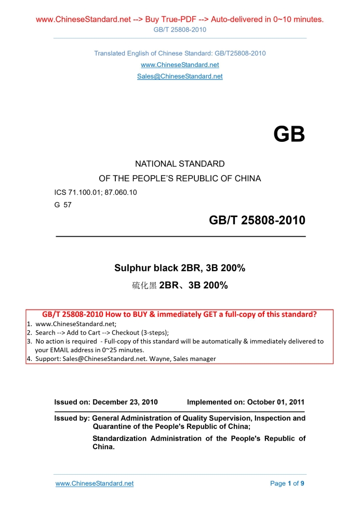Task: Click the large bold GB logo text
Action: pyautogui.click(x=289, y=135)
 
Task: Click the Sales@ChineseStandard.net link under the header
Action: pyautogui.click(x=180, y=76)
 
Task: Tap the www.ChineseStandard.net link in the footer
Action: pyautogui.click(x=95, y=484)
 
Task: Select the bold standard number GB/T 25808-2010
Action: pyautogui.click(x=257, y=221)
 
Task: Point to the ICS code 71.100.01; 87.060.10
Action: pyautogui.click(x=96, y=193)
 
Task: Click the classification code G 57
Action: pyautogui.click(x=63, y=205)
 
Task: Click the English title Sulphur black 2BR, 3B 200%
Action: pyautogui.click(x=180, y=269)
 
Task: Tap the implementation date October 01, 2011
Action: pyautogui.click(x=276, y=402)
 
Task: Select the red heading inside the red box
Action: pyautogui.click(x=179, y=314)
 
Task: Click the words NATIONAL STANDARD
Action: pyautogui.click(x=180, y=164)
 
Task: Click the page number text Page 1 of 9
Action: pyautogui.click(x=287, y=484)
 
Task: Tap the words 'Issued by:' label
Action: pyautogui.click(x=72, y=418)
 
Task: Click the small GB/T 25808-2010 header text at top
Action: pyautogui.click(x=180, y=30)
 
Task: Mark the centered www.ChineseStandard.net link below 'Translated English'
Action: pyautogui.click(x=180, y=65)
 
